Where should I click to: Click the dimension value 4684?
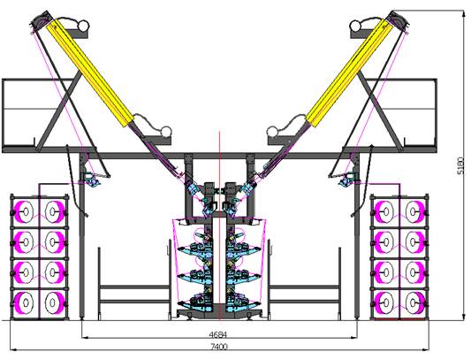click(x=217, y=334)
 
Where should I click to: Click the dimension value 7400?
click(x=218, y=347)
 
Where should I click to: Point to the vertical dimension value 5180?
click(x=460, y=165)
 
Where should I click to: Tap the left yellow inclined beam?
click(x=90, y=73)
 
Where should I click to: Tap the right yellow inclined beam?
click(x=349, y=73)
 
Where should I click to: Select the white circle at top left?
click(x=82, y=26)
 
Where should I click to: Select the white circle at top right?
click(x=356, y=26)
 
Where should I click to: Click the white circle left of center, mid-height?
click(x=165, y=132)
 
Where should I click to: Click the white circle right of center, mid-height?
click(x=273, y=132)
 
